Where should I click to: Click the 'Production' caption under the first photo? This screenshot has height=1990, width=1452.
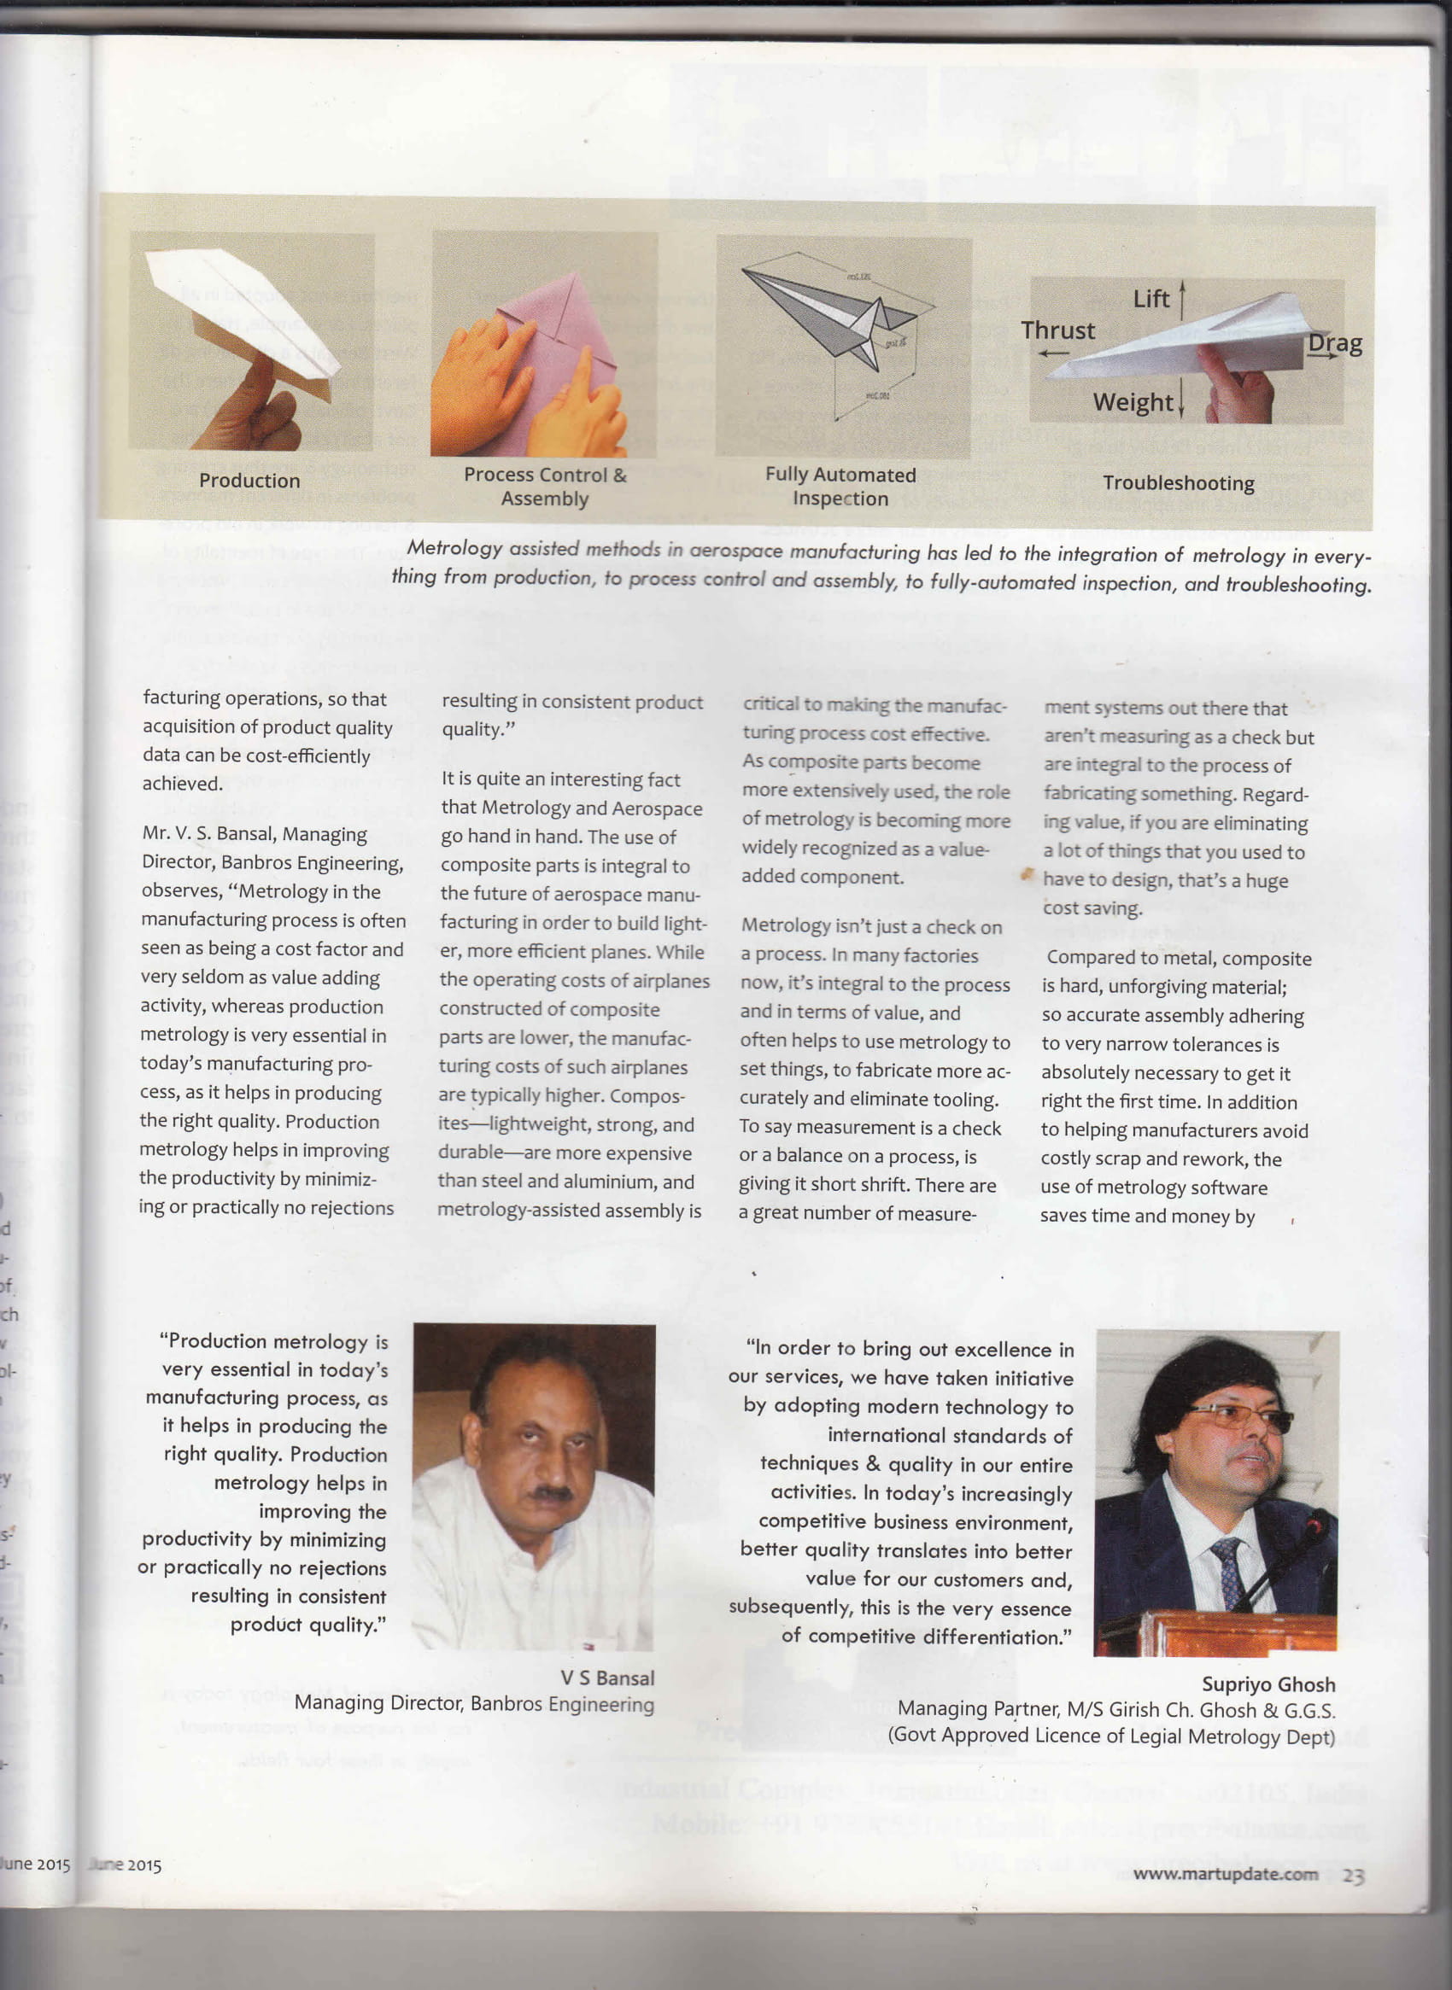pos(249,481)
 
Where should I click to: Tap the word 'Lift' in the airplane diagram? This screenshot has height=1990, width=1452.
pos(1150,300)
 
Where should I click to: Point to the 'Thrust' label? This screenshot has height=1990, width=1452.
pos(1057,330)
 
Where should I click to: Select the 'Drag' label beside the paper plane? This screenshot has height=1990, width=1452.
pos(1334,343)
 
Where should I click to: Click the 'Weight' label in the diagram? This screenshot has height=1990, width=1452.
pos(1132,402)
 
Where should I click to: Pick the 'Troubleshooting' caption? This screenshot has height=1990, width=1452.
pos(1178,482)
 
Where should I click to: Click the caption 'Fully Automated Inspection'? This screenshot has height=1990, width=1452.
pos(840,486)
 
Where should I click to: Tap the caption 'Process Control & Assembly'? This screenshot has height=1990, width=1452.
pos(545,486)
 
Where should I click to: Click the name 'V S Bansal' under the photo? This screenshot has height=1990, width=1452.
pos(607,1678)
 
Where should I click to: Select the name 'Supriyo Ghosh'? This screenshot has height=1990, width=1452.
pos(1268,1684)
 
